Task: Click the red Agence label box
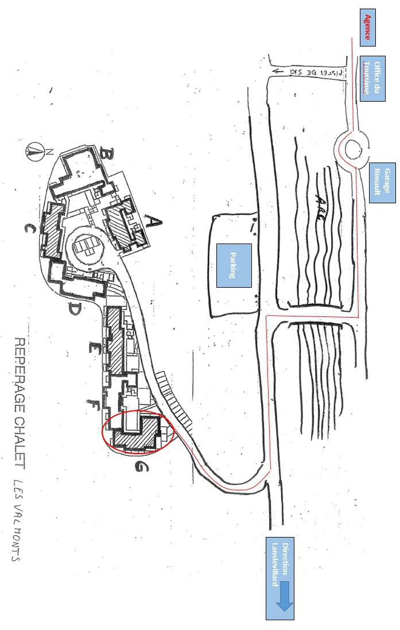click(367, 28)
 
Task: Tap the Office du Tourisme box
click(375, 79)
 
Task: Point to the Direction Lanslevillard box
click(279, 579)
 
